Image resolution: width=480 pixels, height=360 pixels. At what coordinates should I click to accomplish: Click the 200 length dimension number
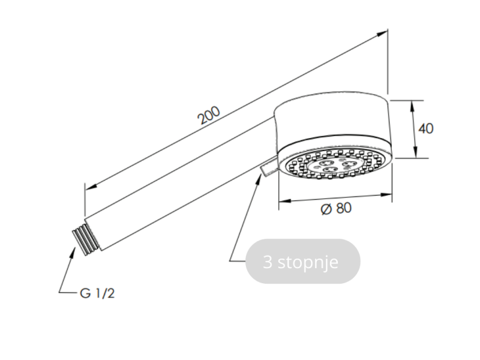209,115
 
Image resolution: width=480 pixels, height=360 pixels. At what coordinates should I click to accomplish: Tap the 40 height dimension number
426,128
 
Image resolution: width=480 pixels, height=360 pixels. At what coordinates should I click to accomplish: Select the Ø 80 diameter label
336,209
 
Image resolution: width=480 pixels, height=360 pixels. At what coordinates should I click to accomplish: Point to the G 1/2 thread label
97,293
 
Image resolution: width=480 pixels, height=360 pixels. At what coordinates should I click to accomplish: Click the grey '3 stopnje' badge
303,262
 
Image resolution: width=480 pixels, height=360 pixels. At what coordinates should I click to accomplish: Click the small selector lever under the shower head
269,167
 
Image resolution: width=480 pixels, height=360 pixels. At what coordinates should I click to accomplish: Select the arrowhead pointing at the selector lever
259,178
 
